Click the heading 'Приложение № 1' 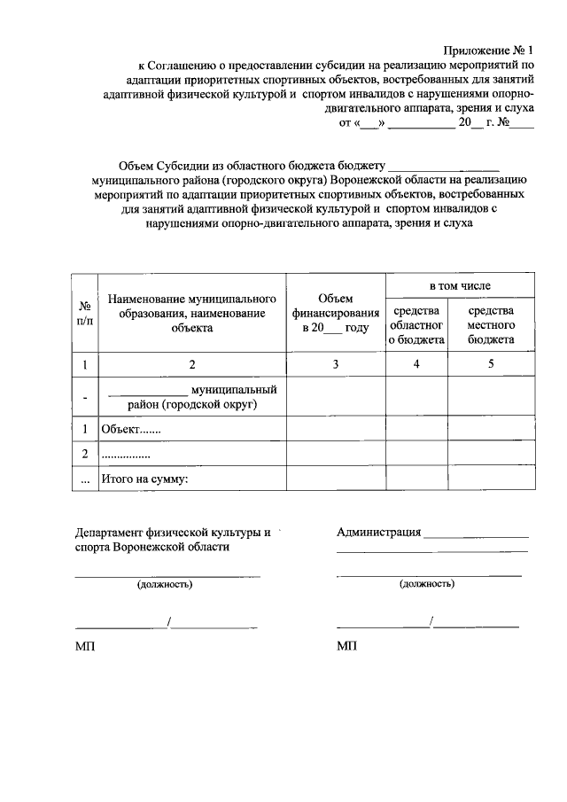coord(490,51)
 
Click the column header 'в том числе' coord(460,285)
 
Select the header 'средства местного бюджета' coord(491,324)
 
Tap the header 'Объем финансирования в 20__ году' coord(335,313)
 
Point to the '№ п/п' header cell coord(84,313)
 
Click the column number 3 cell coord(335,364)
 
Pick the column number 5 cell coord(491,364)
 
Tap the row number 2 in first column coord(84,454)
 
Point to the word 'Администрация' coord(378,533)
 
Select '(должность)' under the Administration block coord(427,584)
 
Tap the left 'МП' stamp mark coord(84,647)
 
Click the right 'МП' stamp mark coord(346,647)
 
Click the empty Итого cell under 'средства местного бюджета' coord(491,479)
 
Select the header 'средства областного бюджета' coord(416,324)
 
